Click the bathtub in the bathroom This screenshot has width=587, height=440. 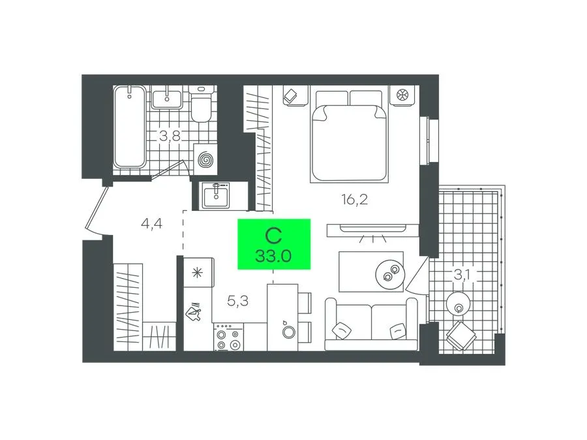click(x=130, y=127)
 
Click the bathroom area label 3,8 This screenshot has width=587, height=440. click(x=170, y=136)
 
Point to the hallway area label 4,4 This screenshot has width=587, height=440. click(x=151, y=224)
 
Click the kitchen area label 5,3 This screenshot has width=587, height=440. click(x=237, y=300)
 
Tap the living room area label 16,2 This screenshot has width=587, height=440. click(x=355, y=199)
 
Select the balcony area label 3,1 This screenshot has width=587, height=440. click(x=462, y=275)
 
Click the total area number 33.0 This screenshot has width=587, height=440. click(x=274, y=257)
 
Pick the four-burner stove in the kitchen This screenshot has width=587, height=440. click(x=228, y=337)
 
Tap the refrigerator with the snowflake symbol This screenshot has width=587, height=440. click(x=199, y=272)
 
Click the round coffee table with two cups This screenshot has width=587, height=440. click(x=390, y=274)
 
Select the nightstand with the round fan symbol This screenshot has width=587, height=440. click(x=402, y=95)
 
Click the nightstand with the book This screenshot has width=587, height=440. click(x=295, y=95)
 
